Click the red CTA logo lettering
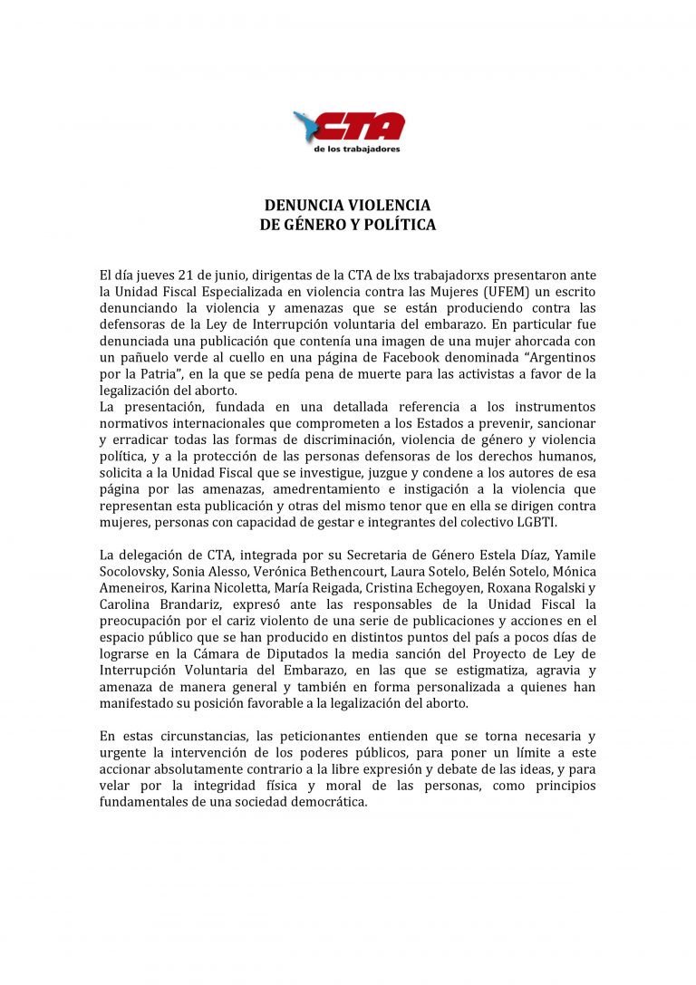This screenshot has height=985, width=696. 360,126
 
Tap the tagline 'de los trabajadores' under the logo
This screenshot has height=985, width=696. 356,149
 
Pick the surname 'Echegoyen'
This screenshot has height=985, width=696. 460,587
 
